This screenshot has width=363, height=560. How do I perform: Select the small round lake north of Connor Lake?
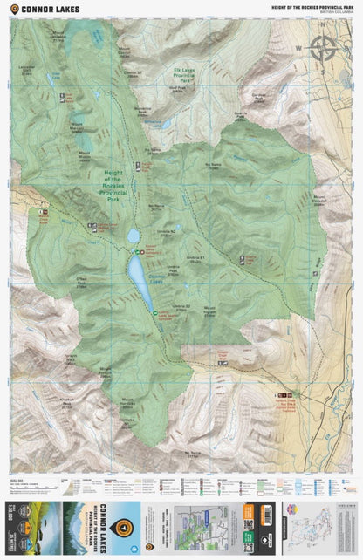pos(134,236)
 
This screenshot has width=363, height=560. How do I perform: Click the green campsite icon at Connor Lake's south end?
pos(155,312)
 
